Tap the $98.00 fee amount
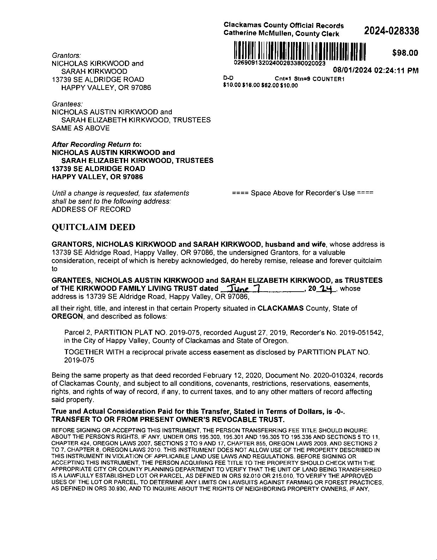coord(405,53)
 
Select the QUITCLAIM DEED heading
coord(93,227)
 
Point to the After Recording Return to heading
coord(96,145)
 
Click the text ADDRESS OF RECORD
coord(91,209)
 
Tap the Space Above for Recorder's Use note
coord(303,193)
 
